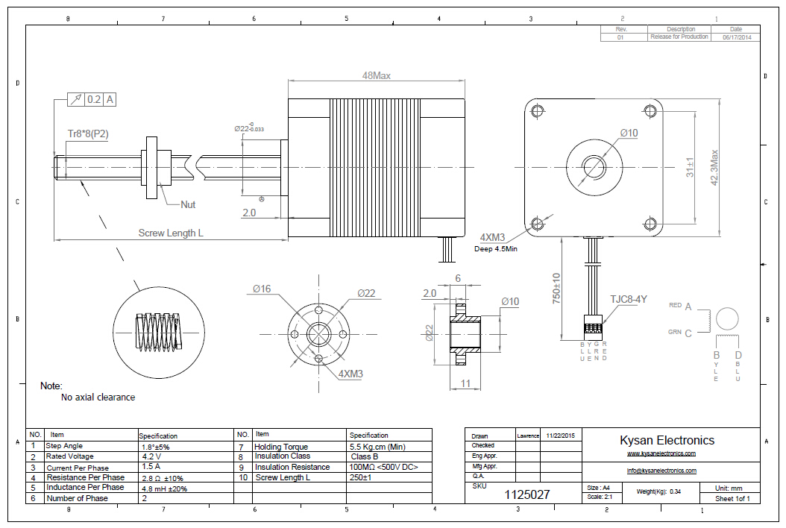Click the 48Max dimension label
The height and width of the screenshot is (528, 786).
click(x=376, y=75)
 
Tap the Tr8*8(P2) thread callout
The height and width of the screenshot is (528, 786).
click(x=88, y=134)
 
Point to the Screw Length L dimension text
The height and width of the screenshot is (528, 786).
click(x=171, y=233)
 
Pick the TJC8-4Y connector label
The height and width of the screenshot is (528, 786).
click(x=629, y=300)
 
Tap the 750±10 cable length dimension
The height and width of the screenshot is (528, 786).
click(x=556, y=286)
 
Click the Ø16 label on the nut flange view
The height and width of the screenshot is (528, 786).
click(x=262, y=289)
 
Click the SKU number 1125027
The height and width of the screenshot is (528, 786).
click(x=527, y=494)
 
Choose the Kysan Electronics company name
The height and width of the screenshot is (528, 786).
click(x=667, y=440)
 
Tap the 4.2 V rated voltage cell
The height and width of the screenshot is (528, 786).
click(x=151, y=456)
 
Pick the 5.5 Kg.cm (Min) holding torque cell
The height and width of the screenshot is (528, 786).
click(x=377, y=446)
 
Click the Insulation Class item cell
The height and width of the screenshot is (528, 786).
click(x=283, y=456)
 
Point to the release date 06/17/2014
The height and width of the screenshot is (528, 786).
click(x=737, y=37)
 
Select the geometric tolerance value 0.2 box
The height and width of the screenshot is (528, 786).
click(x=95, y=99)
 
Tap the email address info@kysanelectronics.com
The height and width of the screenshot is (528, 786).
click(x=661, y=471)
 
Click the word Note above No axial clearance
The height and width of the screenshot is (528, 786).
click(x=51, y=386)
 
